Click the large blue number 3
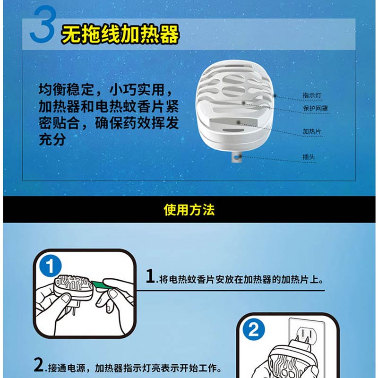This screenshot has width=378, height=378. tap(43, 24)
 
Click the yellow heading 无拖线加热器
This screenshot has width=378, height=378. tap(120, 34)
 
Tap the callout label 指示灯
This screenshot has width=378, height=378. tap(312, 95)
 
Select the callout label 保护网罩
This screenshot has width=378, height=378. tap(315, 108)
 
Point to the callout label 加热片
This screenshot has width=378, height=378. tap(312, 131)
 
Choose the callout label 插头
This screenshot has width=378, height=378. tap(309, 157)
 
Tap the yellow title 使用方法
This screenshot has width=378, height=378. tap(189, 210)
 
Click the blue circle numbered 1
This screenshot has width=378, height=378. tap(51, 266)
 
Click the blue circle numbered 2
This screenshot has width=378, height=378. tap(254, 329)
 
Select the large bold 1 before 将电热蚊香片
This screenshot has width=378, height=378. tap(150, 276)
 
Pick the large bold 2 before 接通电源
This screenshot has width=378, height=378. tap(39, 365)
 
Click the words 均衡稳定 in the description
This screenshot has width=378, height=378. tap(66, 90)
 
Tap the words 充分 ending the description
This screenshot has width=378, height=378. tap(52, 139)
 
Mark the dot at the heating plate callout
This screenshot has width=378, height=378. tap(239, 122)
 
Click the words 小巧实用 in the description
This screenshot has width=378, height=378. tap(137, 90)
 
